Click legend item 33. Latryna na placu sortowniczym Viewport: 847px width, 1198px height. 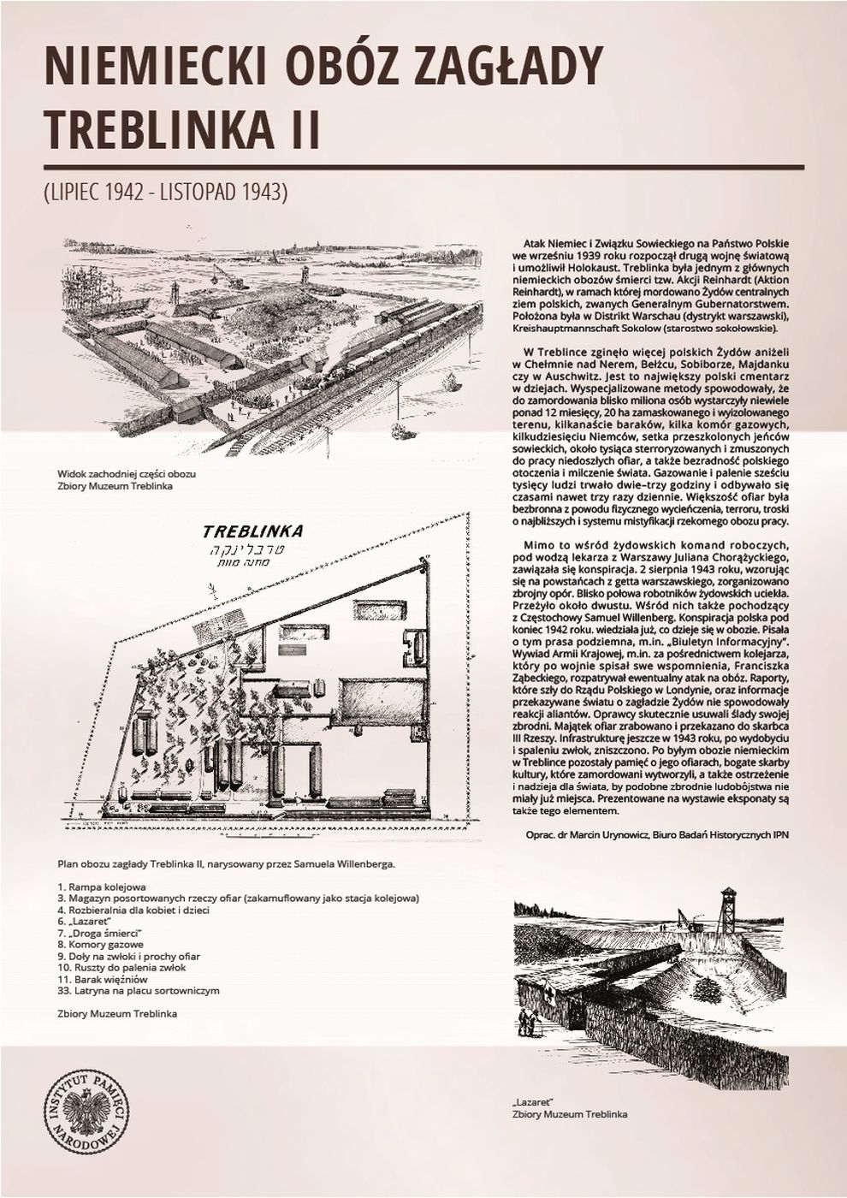(139, 990)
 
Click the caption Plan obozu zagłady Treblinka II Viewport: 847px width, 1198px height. (227, 863)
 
